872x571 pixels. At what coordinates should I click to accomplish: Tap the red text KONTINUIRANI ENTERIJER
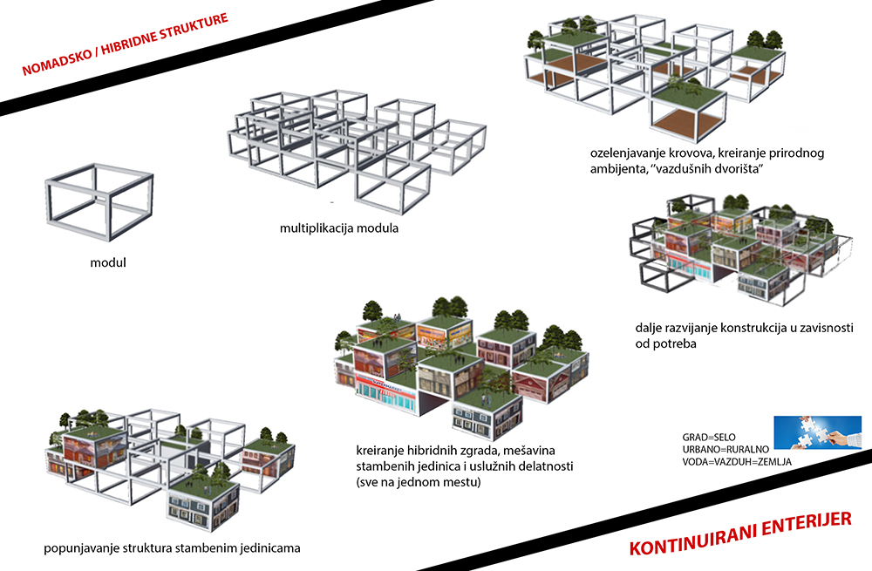pos(739,534)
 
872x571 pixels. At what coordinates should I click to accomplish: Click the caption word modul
pos(108,262)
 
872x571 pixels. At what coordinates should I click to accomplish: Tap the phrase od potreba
pos(668,344)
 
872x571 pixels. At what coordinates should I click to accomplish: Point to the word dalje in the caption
pos(651,329)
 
